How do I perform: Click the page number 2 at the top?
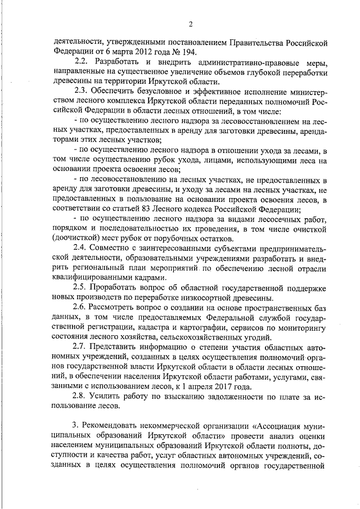[x=190, y=24]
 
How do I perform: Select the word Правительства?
[x=264, y=42]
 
